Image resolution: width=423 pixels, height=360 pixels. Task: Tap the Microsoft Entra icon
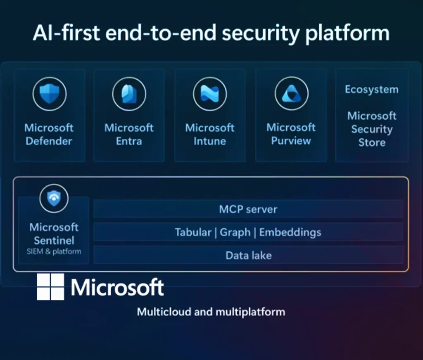pyautogui.click(x=129, y=94)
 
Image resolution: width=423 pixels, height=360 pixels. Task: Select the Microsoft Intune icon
pyautogui.click(x=210, y=94)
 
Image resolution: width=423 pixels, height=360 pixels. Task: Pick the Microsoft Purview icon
pyautogui.click(x=291, y=94)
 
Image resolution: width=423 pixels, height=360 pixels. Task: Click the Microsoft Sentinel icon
pyautogui.click(x=54, y=199)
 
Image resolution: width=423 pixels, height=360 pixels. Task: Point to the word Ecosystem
pyautogui.click(x=372, y=90)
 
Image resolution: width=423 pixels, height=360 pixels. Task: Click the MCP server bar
pyautogui.click(x=248, y=209)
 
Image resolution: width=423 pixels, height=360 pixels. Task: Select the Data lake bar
pyautogui.click(x=248, y=256)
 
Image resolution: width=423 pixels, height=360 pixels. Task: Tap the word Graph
pyautogui.click(x=235, y=232)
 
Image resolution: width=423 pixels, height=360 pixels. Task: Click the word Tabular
pyautogui.click(x=192, y=232)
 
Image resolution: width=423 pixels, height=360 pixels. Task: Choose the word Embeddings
pyautogui.click(x=290, y=232)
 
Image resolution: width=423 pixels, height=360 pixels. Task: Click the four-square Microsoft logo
pyautogui.click(x=50, y=287)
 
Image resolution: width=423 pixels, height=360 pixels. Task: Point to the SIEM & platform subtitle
pyautogui.click(x=54, y=251)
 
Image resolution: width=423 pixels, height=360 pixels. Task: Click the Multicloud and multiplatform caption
pyautogui.click(x=211, y=311)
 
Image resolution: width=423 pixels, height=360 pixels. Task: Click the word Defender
pyautogui.click(x=49, y=141)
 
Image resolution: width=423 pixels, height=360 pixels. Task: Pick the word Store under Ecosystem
pyautogui.click(x=372, y=143)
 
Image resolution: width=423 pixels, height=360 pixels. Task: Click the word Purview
pyautogui.click(x=291, y=141)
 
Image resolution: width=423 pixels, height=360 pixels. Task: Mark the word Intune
pyautogui.click(x=210, y=141)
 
